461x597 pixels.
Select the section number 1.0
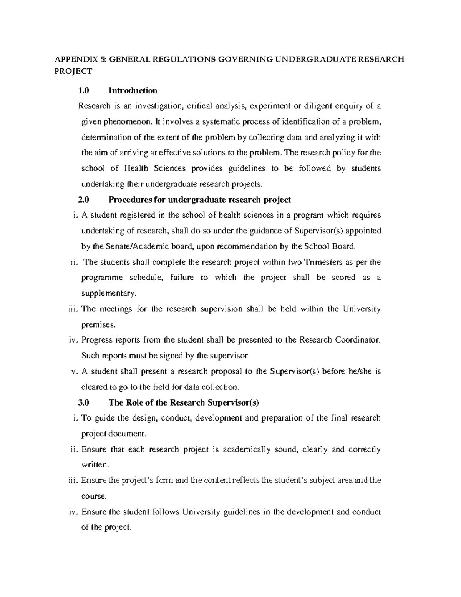[83, 91]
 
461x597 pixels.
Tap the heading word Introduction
[133, 91]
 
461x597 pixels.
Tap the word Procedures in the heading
[129, 200]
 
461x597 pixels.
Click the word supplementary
[108, 294]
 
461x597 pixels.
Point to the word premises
[98, 325]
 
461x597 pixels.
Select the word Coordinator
[358, 340]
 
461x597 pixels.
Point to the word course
[93, 496]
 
